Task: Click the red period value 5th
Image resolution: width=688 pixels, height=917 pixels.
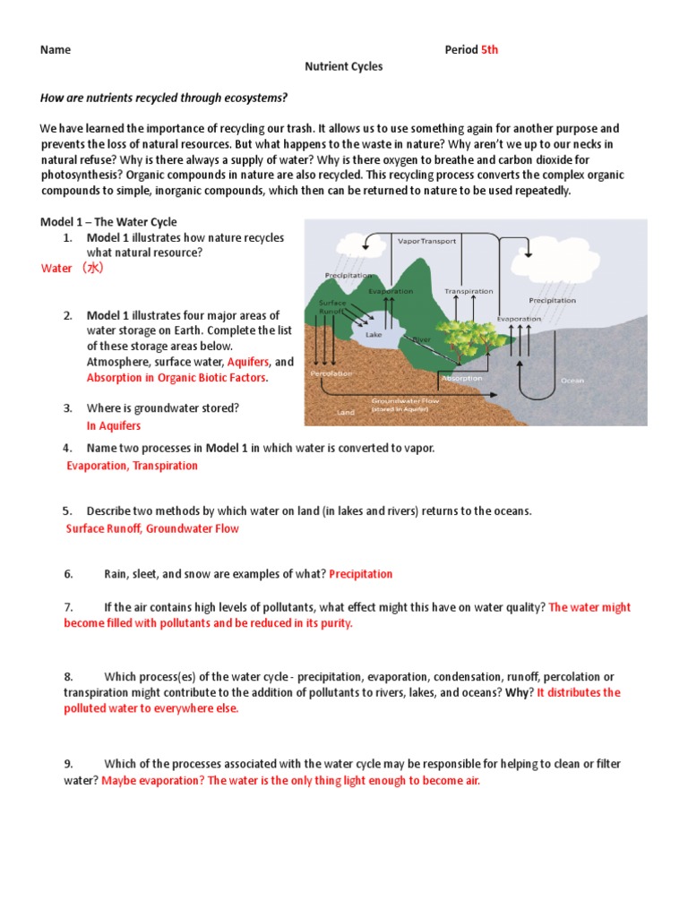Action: [x=489, y=50]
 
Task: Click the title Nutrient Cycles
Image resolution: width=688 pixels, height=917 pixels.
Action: [x=344, y=66]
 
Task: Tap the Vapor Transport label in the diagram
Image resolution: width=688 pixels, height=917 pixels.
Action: [x=426, y=241]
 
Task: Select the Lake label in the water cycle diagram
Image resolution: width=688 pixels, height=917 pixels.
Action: [x=374, y=334]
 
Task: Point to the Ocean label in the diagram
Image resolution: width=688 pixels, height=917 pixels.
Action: [x=572, y=381]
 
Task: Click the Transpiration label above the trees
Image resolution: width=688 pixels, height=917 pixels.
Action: [x=469, y=291]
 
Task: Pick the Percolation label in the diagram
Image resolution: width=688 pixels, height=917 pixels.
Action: [x=331, y=373]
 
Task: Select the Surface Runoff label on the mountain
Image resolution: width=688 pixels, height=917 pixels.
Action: [x=332, y=308]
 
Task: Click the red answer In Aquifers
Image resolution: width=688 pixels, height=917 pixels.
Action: [x=114, y=426]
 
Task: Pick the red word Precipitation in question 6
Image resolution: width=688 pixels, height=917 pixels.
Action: [x=360, y=574]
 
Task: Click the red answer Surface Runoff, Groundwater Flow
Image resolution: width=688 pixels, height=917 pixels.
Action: [x=152, y=528]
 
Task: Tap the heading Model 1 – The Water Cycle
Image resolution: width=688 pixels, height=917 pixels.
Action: [x=108, y=222]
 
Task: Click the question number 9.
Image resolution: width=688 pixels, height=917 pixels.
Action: [x=68, y=764]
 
